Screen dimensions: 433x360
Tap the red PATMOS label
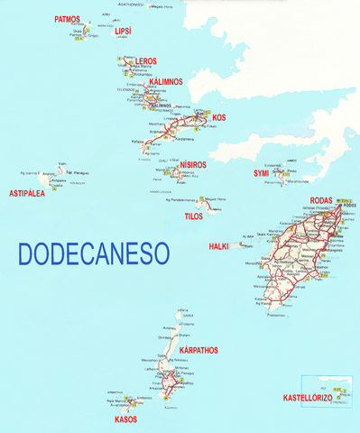[67, 19]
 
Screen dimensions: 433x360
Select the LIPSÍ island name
[123, 31]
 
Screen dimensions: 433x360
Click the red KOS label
[218, 117]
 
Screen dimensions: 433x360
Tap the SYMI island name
[261, 172]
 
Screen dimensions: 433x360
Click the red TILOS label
[194, 217]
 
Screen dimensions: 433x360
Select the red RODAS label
[321, 199]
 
